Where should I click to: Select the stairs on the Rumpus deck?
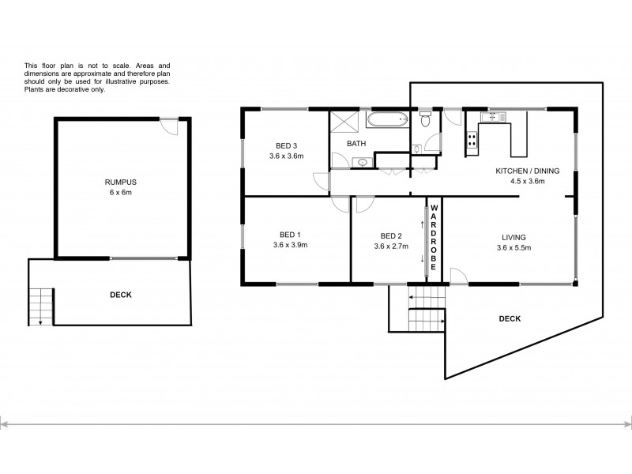[x=39, y=306]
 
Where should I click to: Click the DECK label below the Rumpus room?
[x=120, y=295]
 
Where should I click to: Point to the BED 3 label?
[x=286, y=145]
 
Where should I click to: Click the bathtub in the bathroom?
[x=387, y=121]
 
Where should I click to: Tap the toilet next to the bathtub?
[x=425, y=121]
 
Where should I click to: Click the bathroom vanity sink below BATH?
[x=363, y=162]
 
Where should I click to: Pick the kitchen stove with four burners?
[x=472, y=141]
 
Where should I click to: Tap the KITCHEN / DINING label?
[x=520, y=171]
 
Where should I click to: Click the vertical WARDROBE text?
[x=434, y=237]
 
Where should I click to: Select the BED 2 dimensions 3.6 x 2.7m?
[x=390, y=246]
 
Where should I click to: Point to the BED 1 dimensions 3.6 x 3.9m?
[x=290, y=245]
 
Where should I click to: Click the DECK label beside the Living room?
[x=509, y=318]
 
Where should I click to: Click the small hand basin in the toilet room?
[x=416, y=148]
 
